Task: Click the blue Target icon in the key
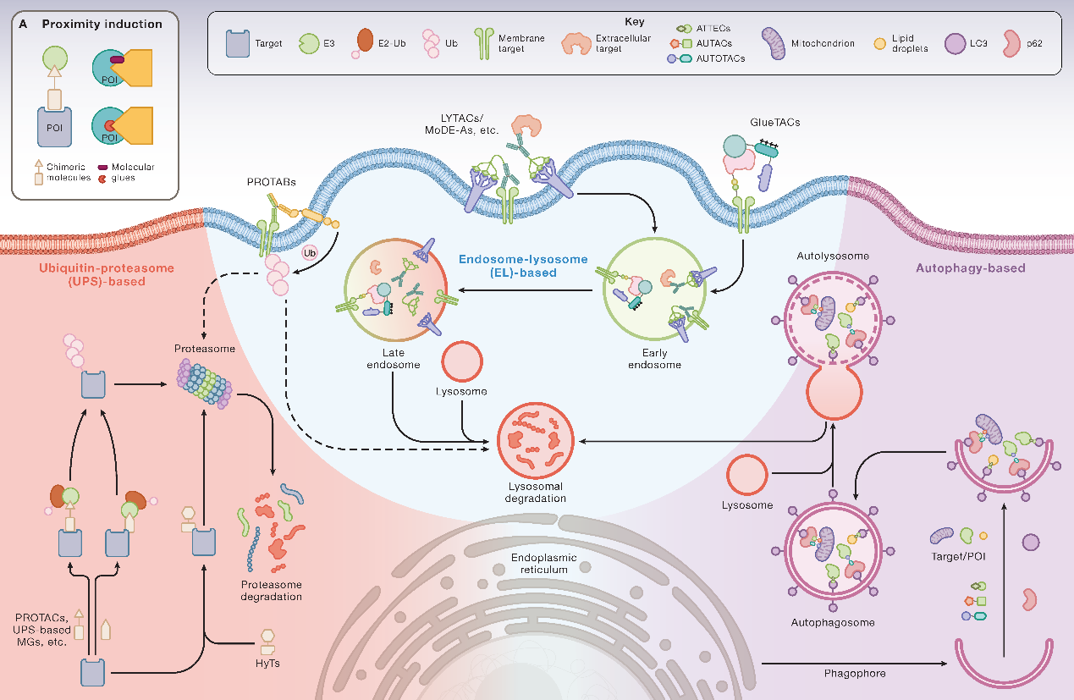(x=238, y=44)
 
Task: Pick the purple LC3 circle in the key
(x=957, y=43)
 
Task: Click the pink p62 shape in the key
(x=1013, y=43)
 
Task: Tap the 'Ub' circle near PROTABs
(x=309, y=252)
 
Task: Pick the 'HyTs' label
(x=269, y=664)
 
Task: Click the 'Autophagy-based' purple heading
(x=970, y=268)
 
